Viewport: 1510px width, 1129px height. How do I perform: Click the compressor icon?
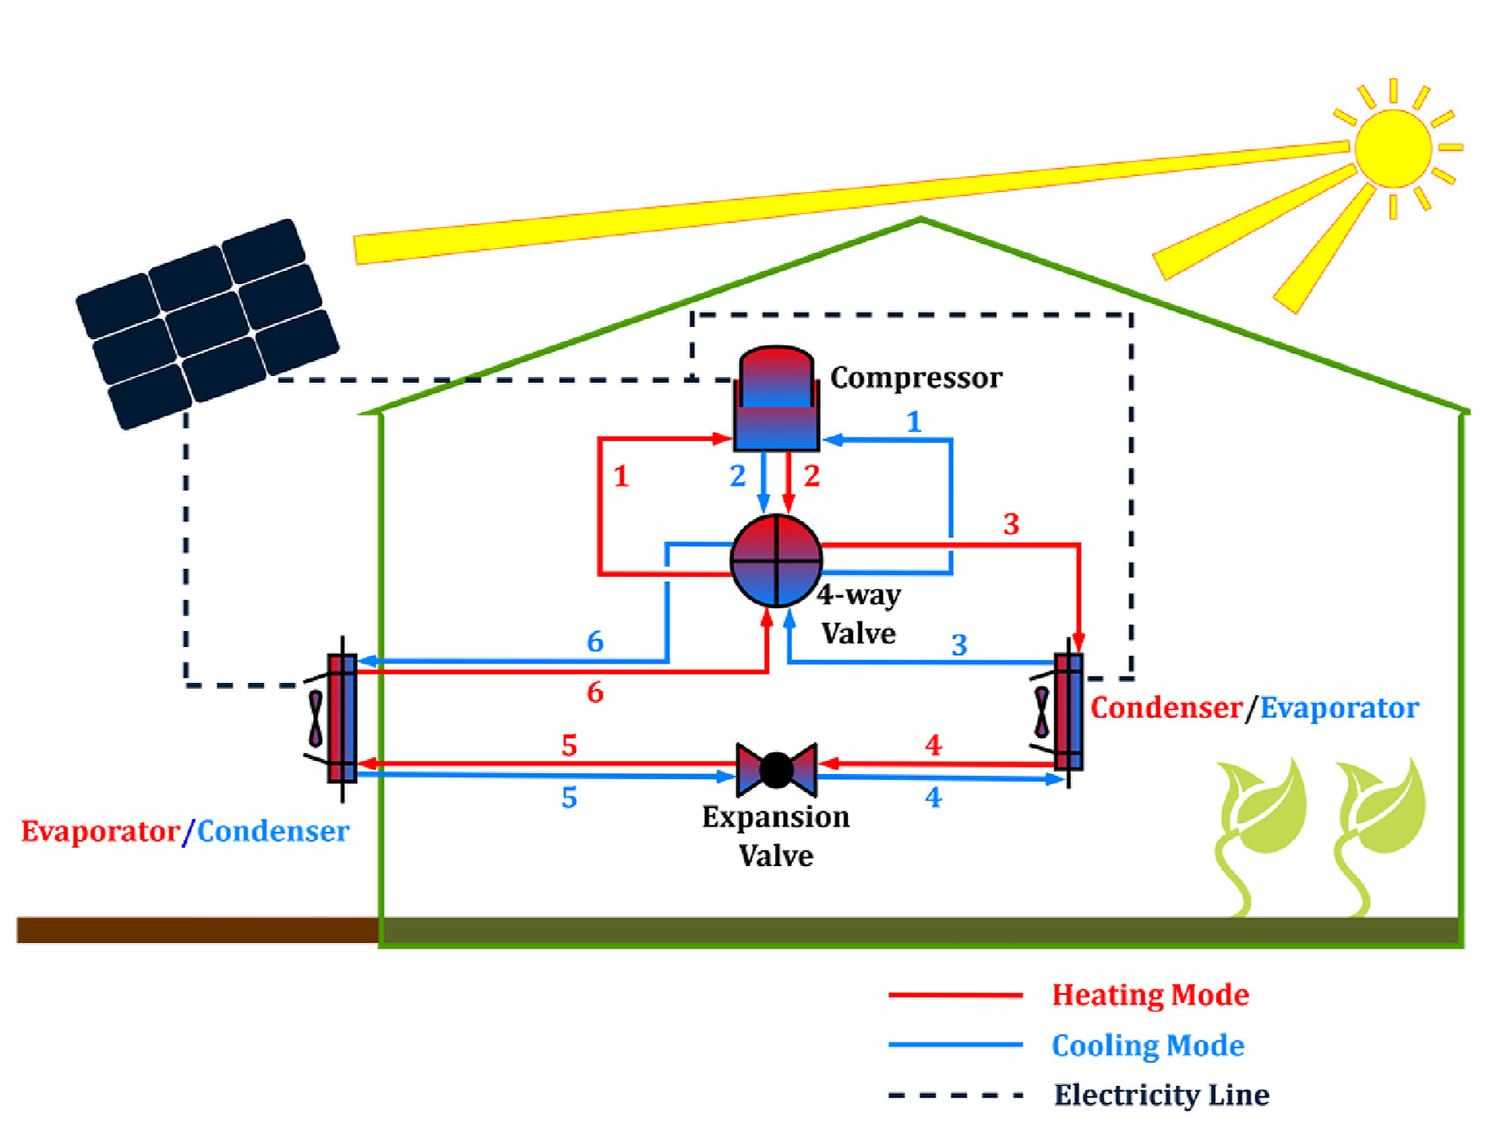pos(776,399)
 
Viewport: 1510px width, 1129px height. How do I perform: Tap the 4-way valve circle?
pos(776,560)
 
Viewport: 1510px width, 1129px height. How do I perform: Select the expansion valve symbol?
pos(776,770)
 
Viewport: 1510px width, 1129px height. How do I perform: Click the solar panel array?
pos(207,323)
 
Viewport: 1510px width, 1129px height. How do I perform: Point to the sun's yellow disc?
pos(1392,148)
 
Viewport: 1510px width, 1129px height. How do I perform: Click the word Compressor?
pos(915,378)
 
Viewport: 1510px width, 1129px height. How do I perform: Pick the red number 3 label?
pos(1011,524)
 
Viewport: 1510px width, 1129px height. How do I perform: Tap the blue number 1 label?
pos(914,422)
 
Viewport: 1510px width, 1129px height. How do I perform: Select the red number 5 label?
pos(569,746)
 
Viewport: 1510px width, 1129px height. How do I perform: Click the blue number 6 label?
pos(595,642)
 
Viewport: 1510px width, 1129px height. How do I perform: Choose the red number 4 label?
pos(933,746)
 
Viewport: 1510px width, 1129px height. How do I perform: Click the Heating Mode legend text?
pos(1150,995)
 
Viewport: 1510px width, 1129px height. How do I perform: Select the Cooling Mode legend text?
pos(1147,1046)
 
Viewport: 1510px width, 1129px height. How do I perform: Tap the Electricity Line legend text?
pos(1161,1095)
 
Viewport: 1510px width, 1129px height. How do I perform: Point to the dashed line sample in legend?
pos(955,1095)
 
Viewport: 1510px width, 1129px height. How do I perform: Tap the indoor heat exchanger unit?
pos(1068,711)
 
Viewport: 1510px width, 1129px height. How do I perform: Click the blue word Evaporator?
pos(1338,708)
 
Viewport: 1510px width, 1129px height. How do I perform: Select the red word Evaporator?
pos(100,831)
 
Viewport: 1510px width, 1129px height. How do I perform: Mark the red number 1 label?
pos(621,477)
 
